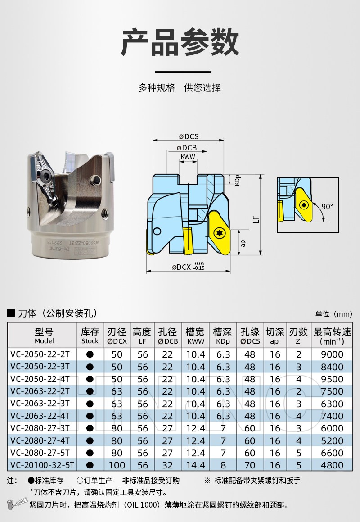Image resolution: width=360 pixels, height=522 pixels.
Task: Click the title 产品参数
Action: [180, 43]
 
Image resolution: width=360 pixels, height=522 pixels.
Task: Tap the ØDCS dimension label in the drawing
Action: [189, 136]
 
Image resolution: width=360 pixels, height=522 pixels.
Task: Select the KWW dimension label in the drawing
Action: [188, 157]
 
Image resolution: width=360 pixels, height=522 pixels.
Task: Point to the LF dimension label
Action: [256, 219]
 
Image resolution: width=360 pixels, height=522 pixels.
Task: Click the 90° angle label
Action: [327, 206]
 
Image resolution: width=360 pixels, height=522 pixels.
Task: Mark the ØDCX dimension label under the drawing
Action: [188, 267]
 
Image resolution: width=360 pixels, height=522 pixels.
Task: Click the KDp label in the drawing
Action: [237, 180]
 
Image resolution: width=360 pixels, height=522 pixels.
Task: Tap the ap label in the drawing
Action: [243, 243]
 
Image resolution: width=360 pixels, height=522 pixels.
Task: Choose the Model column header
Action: [44, 335]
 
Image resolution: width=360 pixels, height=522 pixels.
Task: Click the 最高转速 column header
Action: [332, 336]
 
